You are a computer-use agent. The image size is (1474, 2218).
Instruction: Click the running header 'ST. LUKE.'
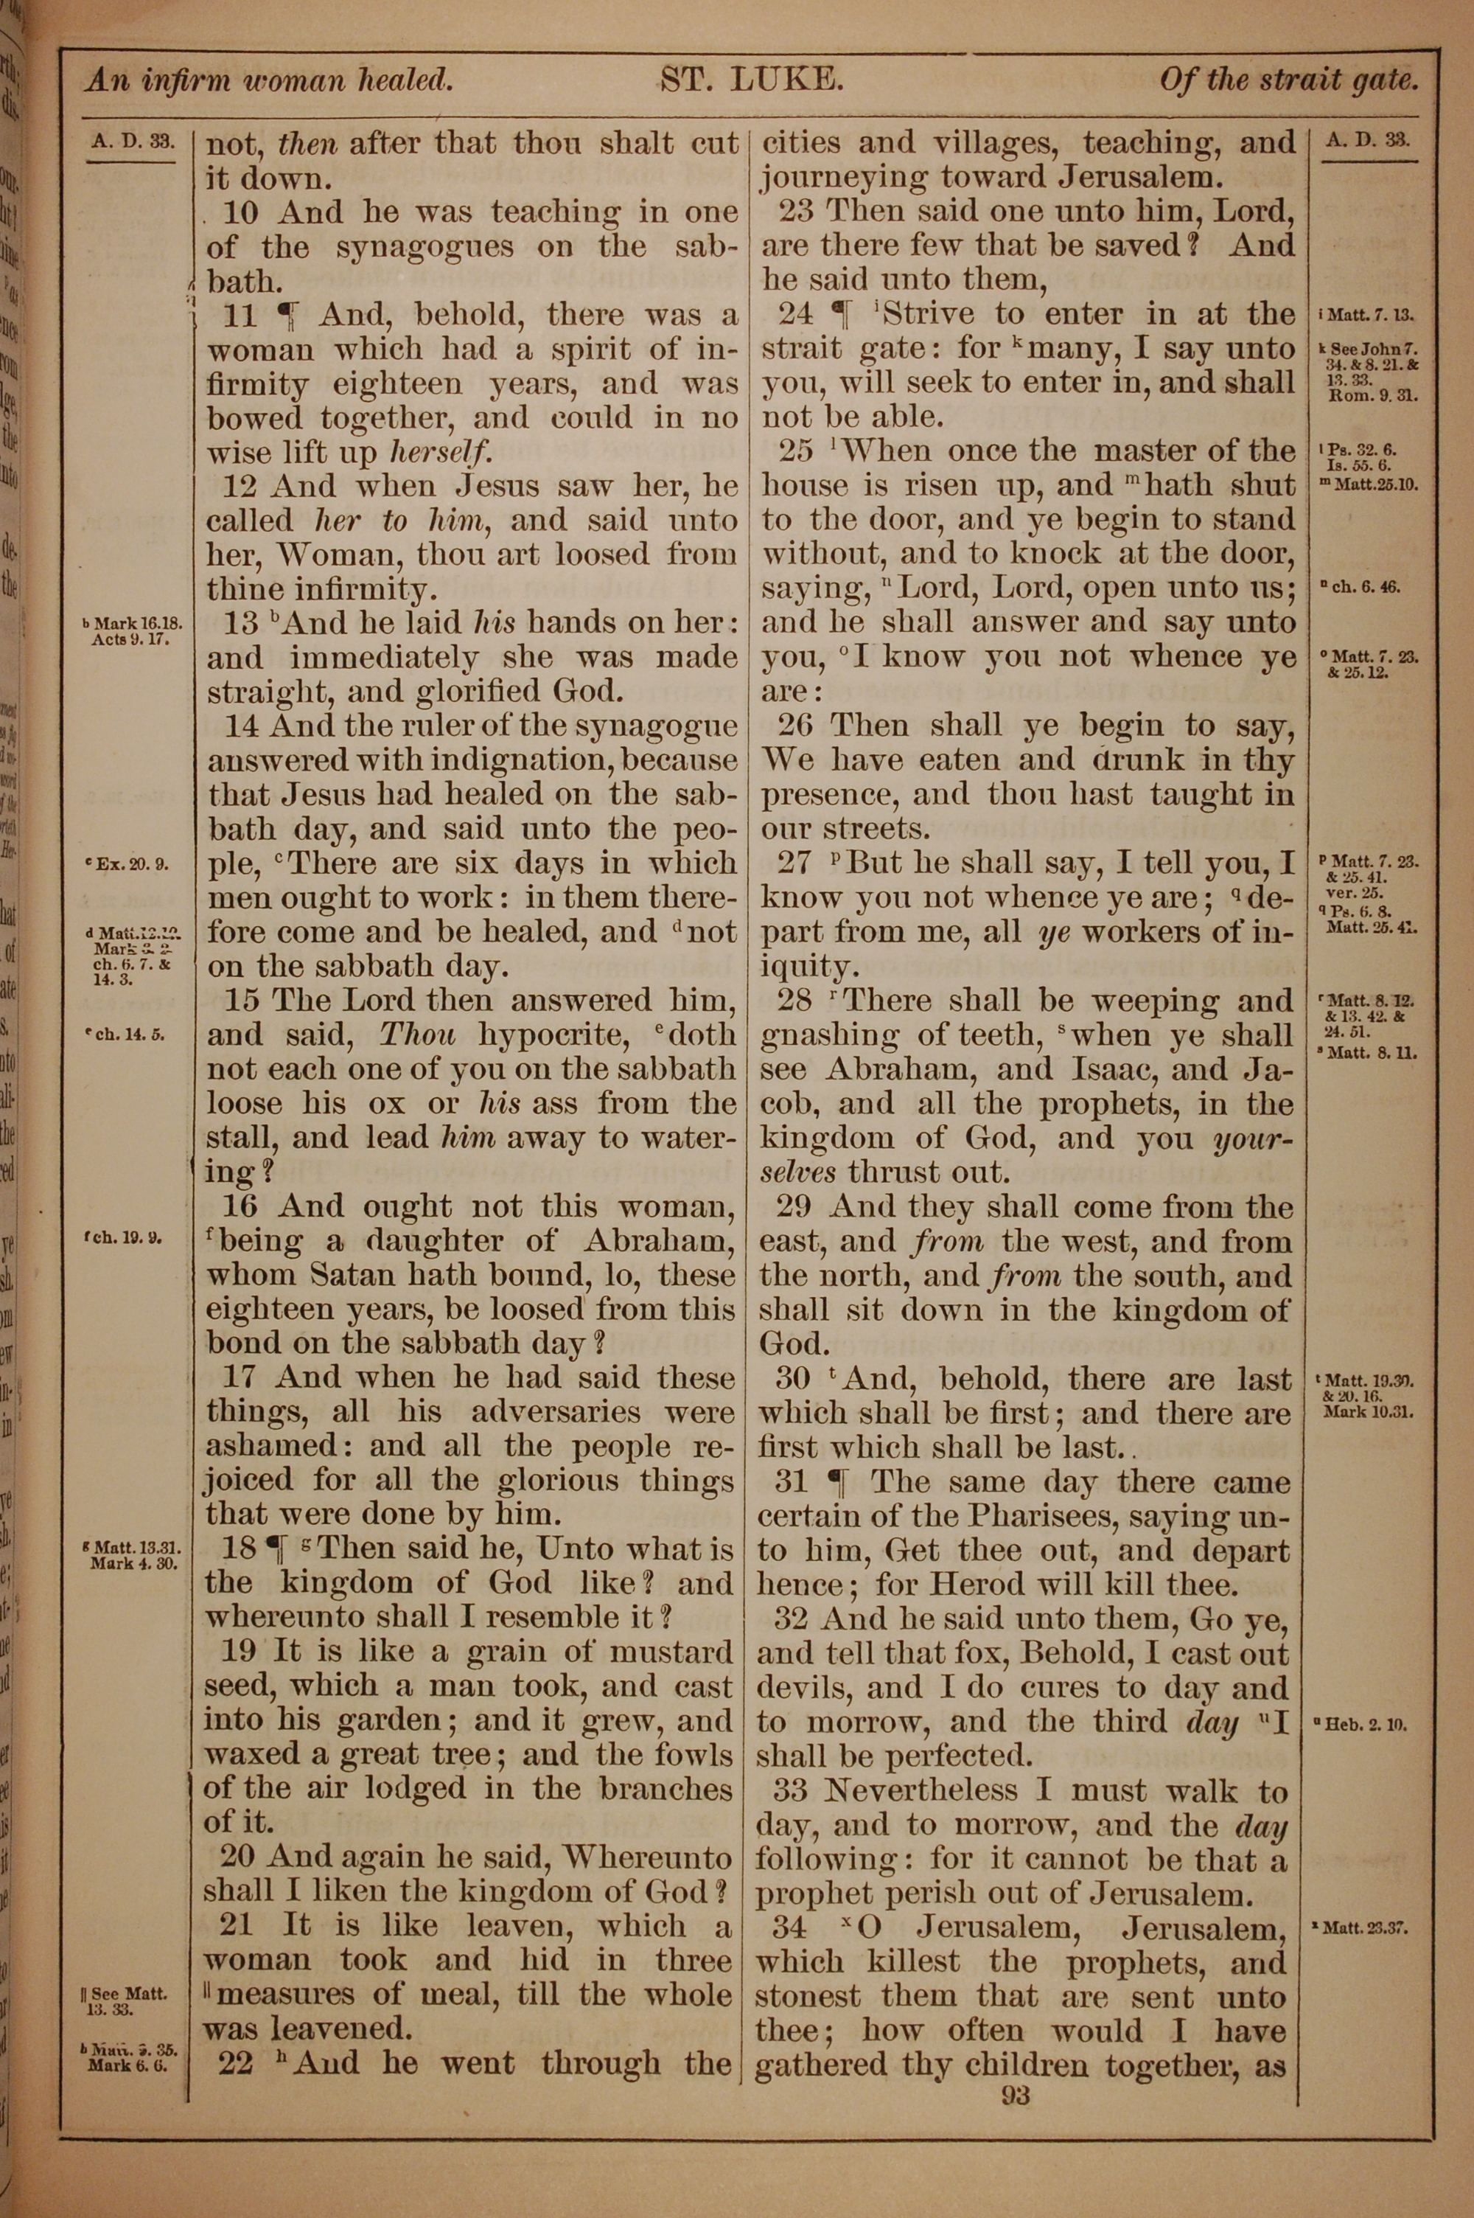coord(752,80)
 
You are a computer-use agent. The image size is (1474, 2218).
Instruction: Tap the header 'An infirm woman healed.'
coord(270,81)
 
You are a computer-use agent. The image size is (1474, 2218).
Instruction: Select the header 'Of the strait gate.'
coord(1288,81)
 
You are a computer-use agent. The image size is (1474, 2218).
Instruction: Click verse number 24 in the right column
coord(796,314)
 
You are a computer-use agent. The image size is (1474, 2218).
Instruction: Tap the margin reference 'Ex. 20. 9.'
coord(129,864)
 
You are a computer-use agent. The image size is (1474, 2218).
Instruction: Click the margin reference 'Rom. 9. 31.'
coord(1372,396)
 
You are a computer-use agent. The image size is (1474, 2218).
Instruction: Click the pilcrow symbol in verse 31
coord(836,1483)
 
